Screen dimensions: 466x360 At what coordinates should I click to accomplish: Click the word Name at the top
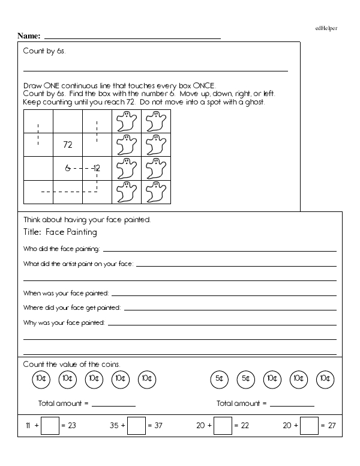(28, 35)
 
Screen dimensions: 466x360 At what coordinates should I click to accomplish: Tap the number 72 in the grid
(68, 145)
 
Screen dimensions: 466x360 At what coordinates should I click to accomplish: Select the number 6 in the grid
(68, 169)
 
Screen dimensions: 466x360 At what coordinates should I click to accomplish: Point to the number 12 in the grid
(96, 169)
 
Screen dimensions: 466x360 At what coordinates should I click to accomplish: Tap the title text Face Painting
(71, 232)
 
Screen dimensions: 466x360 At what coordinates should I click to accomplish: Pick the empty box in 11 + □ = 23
(51, 426)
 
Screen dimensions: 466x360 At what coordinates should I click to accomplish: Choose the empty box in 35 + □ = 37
(137, 426)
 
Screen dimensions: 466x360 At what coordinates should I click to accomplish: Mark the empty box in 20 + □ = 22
(223, 426)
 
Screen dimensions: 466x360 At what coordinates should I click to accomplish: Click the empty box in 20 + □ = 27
(308, 426)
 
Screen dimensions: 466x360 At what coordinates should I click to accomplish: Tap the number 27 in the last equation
(331, 426)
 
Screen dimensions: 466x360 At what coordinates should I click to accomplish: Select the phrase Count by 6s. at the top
(44, 51)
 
